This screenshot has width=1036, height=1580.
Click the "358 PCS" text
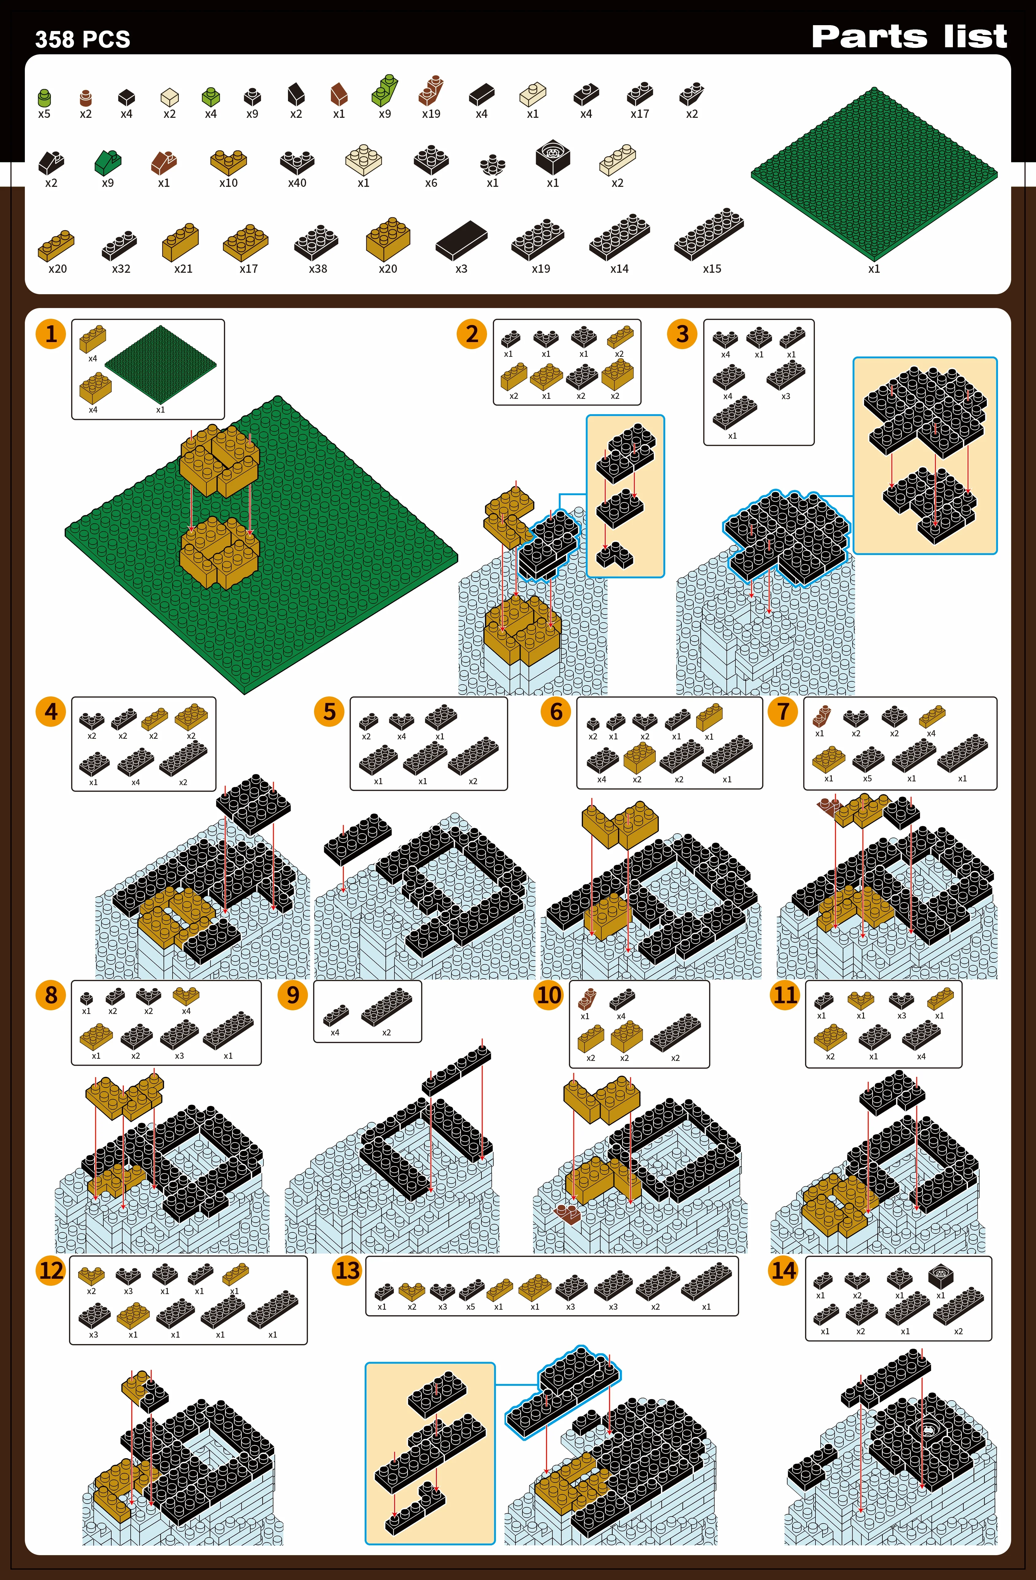tap(83, 40)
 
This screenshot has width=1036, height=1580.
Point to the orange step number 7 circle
tap(783, 712)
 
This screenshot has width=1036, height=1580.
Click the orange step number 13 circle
tap(347, 1271)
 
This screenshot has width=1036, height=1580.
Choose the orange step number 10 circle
tap(549, 995)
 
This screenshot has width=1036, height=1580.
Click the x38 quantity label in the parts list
tap(318, 269)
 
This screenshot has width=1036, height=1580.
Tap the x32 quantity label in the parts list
tap(121, 269)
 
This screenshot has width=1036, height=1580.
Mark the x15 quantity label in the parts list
tap(712, 269)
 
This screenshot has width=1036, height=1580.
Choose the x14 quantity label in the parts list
tap(619, 269)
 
